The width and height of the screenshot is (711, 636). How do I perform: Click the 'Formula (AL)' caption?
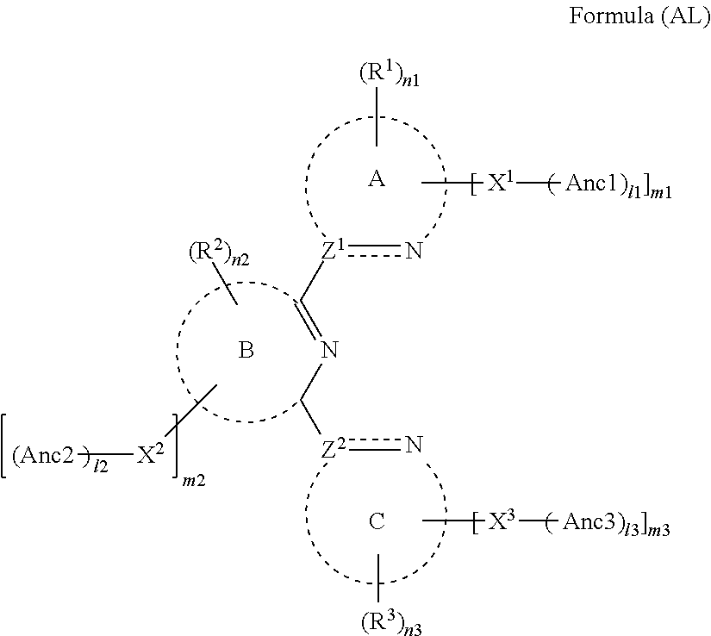[x=640, y=18]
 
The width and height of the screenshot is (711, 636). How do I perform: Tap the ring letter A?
[x=376, y=178]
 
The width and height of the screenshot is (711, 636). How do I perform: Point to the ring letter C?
[x=376, y=521]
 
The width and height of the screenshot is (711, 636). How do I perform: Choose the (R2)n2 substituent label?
[x=217, y=256]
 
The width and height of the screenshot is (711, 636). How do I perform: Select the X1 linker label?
[x=500, y=184]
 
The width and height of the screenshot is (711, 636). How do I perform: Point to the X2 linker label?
[x=151, y=456]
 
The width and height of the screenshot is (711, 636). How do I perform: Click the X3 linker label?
[x=500, y=524]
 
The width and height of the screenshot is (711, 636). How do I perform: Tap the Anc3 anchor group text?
[x=589, y=525]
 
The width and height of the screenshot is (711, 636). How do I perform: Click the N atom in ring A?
[x=414, y=253]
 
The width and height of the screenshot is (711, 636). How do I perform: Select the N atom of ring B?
[x=327, y=350]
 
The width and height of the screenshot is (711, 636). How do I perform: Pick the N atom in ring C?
[x=414, y=446]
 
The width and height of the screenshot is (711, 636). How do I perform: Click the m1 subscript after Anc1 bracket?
[x=663, y=196]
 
